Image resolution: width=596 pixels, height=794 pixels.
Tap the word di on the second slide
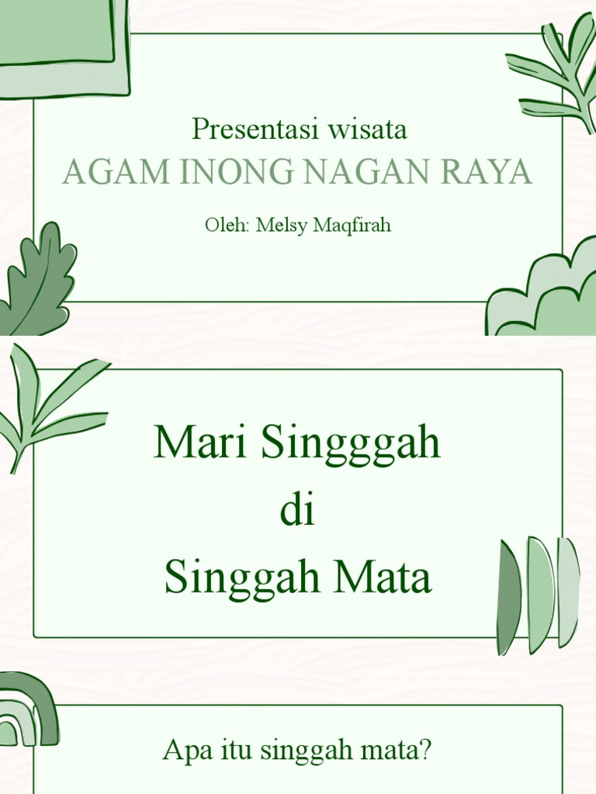[x=298, y=513]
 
